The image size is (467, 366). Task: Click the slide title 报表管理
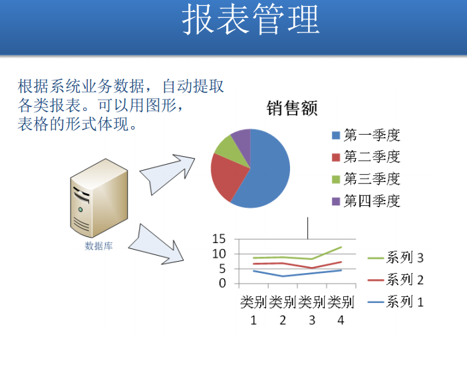tap(251, 20)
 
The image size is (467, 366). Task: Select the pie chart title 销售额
tap(292, 108)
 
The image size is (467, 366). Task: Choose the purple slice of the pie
tap(243, 143)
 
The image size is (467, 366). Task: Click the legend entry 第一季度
tap(366, 136)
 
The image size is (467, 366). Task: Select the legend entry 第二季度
tap(366, 157)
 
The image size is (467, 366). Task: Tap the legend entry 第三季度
tap(366, 179)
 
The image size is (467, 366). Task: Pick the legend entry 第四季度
tap(366, 201)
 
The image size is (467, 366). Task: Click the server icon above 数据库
tap(99, 198)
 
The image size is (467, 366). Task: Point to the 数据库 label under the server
tap(98, 246)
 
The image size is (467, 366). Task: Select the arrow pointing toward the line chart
tap(155, 245)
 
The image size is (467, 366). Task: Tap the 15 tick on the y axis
tap(219, 238)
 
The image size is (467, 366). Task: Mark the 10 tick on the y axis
tap(219, 254)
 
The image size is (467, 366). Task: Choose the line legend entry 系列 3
tap(396, 258)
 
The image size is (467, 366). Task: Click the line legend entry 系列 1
tap(396, 302)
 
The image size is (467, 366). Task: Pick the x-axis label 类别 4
tap(341, 311)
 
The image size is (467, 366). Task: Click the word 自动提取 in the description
tap(193, 86)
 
